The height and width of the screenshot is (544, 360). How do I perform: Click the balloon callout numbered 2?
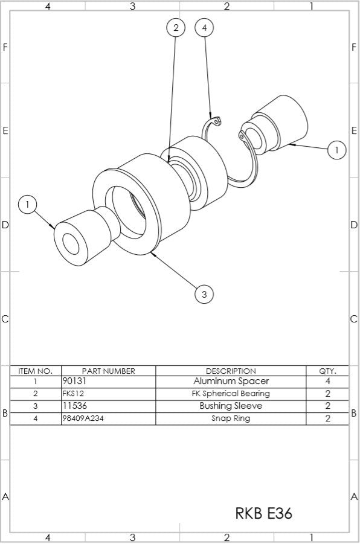tap(175, 28)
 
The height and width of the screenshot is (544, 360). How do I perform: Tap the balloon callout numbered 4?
tap(205, 28)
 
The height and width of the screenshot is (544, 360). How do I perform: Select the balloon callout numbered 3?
tap(204, 294)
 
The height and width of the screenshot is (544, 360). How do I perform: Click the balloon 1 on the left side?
tap(27, 204)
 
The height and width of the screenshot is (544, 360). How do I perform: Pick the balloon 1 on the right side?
tap(336, 149)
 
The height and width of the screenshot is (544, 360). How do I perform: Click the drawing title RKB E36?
tap(263, 513)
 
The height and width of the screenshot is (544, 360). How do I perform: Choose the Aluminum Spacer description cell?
tap(231, 382)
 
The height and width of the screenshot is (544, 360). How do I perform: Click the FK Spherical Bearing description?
tap(231, 394)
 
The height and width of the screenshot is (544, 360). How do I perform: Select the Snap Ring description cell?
tap(231, 418)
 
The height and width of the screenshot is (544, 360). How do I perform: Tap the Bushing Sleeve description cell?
tap(231, 406)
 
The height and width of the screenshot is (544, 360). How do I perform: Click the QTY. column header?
tap(327, 371)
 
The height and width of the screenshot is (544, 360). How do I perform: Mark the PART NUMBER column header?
tap(108, 371)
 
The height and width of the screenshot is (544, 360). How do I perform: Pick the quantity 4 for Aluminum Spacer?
tap(327, 382)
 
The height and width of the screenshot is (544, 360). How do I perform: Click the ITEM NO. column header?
tap(36, 371)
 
